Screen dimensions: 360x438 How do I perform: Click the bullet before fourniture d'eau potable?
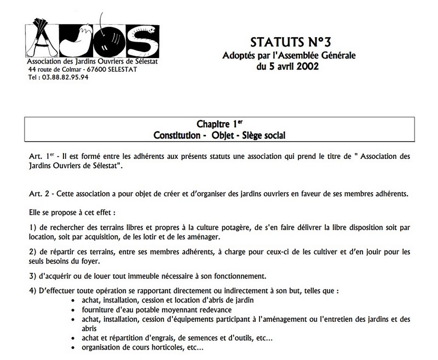pyautogui.click(x=74, y=309)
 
